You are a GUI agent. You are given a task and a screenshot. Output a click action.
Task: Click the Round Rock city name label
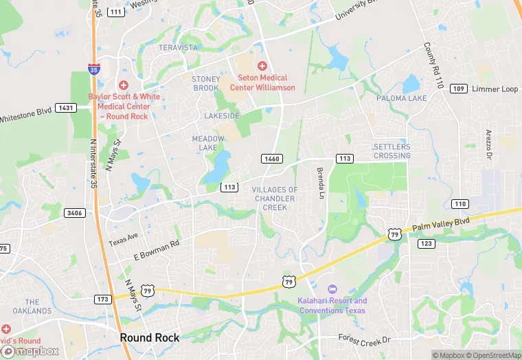[x=149, y=337]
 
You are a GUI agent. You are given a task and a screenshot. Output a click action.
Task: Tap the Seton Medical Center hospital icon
[x=262, y=65]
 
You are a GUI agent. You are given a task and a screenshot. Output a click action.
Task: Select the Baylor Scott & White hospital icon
[x=123, y=85]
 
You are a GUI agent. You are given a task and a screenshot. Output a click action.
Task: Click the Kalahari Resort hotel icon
[x=332, y=289]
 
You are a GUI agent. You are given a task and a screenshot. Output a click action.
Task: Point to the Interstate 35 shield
[x=93, y=69]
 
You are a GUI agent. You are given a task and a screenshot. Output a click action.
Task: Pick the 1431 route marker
[x=67, y=108]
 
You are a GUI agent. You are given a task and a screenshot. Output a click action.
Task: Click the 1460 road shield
[x=272, y=159]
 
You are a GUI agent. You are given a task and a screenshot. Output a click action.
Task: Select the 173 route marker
[x=103, y=299]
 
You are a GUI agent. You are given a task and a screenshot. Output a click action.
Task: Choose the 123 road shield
[x=426, y=243]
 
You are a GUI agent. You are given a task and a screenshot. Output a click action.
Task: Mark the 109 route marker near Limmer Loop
[x=459, y=89]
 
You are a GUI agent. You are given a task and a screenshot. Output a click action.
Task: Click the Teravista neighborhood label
[x=178, y=47]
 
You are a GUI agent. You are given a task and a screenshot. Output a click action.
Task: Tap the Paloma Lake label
[x=401, y=98]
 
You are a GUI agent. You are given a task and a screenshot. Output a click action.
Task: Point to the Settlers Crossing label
[x=391, y=151]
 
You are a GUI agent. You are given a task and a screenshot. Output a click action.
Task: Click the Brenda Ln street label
[x=320, y=183]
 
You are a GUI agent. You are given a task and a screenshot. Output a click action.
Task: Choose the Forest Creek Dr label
[x=364, y=339]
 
